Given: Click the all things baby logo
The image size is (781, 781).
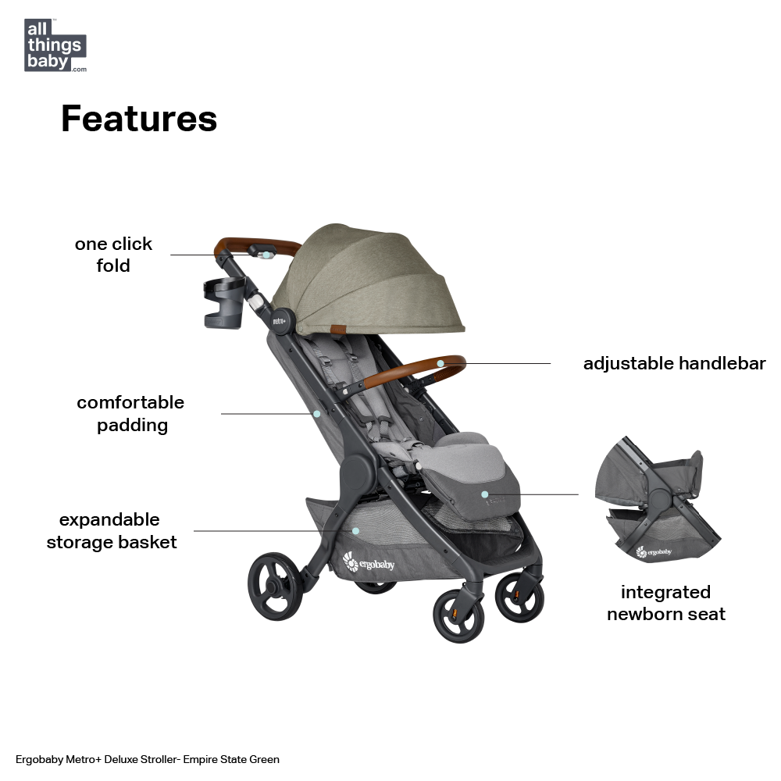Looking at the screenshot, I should coord(55,45).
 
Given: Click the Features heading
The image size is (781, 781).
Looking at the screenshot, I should coord(139,119).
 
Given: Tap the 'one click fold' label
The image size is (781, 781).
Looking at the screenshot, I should coord(113,255).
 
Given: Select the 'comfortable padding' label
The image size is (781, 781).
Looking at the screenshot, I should coord(130,414).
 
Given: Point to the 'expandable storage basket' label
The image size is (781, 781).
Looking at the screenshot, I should coord(112,531).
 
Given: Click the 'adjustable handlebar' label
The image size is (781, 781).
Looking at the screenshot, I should coord(674,363).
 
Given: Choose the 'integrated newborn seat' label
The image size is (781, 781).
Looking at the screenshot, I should coord(665,603).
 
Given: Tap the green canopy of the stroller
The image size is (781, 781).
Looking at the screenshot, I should coord(367,281).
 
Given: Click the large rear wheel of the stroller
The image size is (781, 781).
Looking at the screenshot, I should coord(275,588).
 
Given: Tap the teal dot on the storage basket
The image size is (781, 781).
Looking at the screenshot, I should coord(355,530).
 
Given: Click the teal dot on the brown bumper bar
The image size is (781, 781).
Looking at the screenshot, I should coord(440,363).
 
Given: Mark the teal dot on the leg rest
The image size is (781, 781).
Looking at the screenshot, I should coord(484,494).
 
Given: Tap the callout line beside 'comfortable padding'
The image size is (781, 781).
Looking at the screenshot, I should coord(266,414).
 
